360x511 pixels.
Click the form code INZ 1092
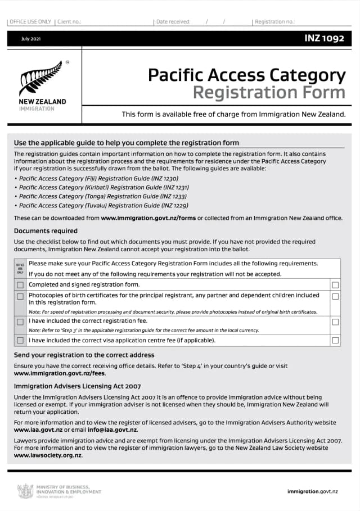[x=325, y=38]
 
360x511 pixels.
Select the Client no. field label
[x=69, y=22]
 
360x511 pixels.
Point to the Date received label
[x=173, y=22]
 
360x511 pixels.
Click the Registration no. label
[x=274, y=22]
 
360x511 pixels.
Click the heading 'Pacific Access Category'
[x=246, y=75]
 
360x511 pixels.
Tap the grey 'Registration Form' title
[x=269, y=92]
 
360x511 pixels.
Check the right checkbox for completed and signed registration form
[x=336, y=285]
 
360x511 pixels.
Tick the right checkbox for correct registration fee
[x=336, y=322]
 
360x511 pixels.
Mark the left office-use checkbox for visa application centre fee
[x=20, y=340]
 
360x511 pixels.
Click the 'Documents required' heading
[x=46, y=231]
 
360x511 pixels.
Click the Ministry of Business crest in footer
[x=25, y=491]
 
